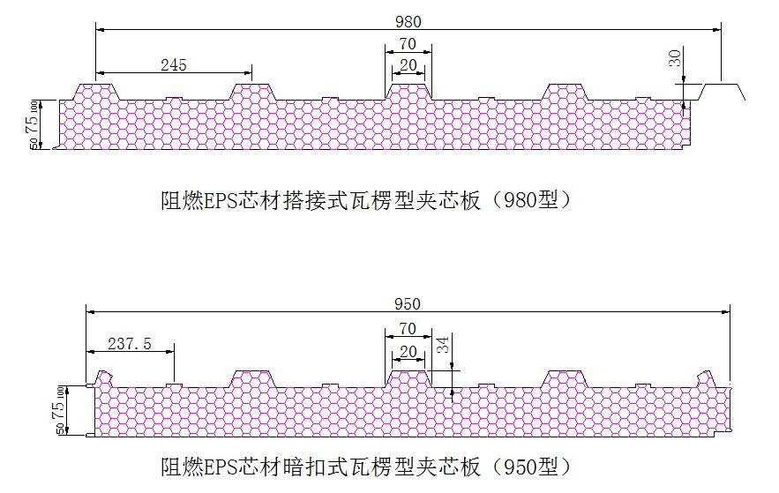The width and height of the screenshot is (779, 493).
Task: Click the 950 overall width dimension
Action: (408, 304)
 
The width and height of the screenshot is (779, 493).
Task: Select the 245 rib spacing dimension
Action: (173, 64)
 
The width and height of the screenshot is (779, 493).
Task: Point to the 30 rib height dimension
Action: (675, 59)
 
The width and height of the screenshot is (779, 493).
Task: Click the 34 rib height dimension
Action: (444, 345)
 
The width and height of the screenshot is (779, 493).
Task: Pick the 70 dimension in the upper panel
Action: (407, 44)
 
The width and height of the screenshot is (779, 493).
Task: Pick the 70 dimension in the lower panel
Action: (407, 329)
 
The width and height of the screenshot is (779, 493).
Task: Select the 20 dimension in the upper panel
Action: (407, 65)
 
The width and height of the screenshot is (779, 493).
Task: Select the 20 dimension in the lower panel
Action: (407, 351)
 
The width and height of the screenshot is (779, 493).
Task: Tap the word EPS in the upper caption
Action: (222, 200)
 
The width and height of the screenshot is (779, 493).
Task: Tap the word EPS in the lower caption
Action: (222, 465)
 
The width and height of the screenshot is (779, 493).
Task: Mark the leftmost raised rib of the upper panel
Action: (96, 92)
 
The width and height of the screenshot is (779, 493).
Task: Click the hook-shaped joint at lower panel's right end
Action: (705, 377)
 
